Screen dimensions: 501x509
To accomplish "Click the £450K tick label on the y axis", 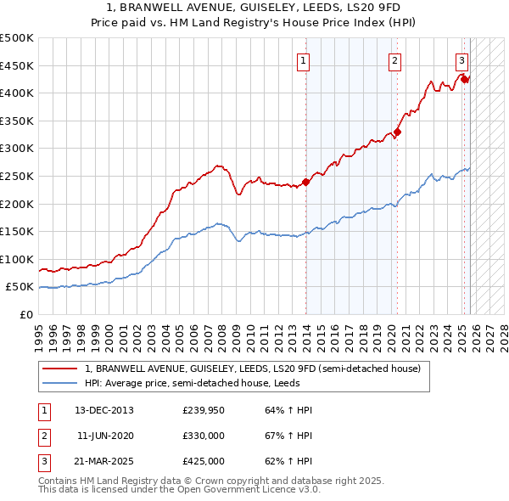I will pyautogui.click(x=17, y=65).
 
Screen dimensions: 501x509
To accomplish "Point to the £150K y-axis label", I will pyautogui.click(x=17, y=231).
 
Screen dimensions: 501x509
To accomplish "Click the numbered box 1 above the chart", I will pyautogui.click(x=304, y=60).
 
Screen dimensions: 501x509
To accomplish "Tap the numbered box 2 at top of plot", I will pyautogui.click(x=395, y=60).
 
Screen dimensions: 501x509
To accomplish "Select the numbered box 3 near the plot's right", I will pyautogui.click(x=461, y=60).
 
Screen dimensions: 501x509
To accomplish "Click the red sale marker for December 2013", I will pyautogui.click(x=306, y=182).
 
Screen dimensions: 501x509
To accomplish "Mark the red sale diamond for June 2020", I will pyautogui.click(x=397, y=132).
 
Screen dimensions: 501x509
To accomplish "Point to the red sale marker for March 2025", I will pyautogui.click(x=465, y=79).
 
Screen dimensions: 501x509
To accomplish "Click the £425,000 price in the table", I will pyautogui.click(x=204, y=461).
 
